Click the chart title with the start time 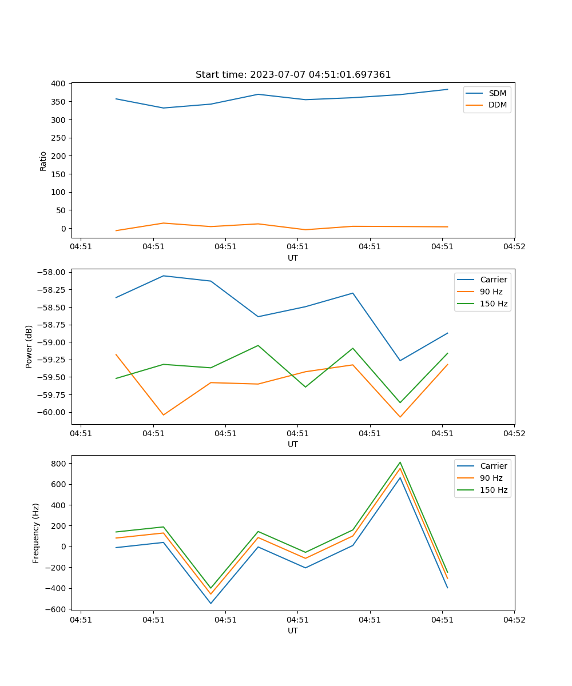coord(293,75)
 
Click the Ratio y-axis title coord(43,161)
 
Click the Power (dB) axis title coord(29,346)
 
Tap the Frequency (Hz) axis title coord(36,533)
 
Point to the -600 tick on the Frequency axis coord(57,609)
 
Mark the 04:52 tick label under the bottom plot coord(514,619)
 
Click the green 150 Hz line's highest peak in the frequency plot coord(400,462)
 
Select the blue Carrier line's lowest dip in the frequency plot coord(210,603)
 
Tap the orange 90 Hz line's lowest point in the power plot coord(400,417)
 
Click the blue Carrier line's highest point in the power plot coord(164,276)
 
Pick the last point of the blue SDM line coord(447,89)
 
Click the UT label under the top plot coord(293,258)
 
